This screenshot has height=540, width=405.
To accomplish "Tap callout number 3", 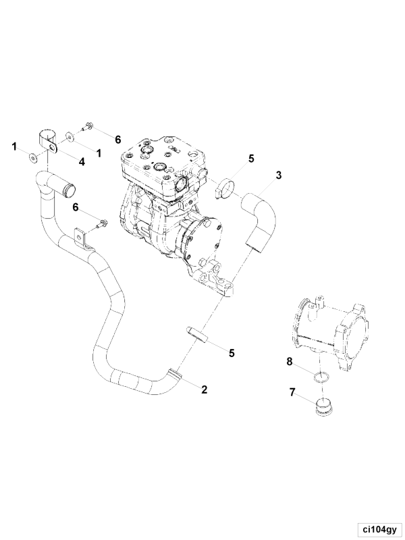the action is tap(278, 175).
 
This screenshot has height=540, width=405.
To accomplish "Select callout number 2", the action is tap(205, 389).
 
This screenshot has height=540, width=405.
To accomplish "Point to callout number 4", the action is tap(82, 161).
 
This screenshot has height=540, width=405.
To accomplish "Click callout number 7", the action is tap(292, 392).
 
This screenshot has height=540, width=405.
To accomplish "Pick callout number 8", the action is tap(290, 361).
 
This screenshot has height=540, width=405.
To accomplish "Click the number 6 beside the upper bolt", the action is tap(118, 140).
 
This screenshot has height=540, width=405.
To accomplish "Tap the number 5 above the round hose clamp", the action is tap(251, 159).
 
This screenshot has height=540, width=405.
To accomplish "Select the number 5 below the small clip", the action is tap(232, 352).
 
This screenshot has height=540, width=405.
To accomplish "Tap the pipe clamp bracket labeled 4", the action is tap(47, 141).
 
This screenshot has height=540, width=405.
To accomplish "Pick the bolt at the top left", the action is tap(86, 127).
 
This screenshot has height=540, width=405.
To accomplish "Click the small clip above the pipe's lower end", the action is tap(196, 333).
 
